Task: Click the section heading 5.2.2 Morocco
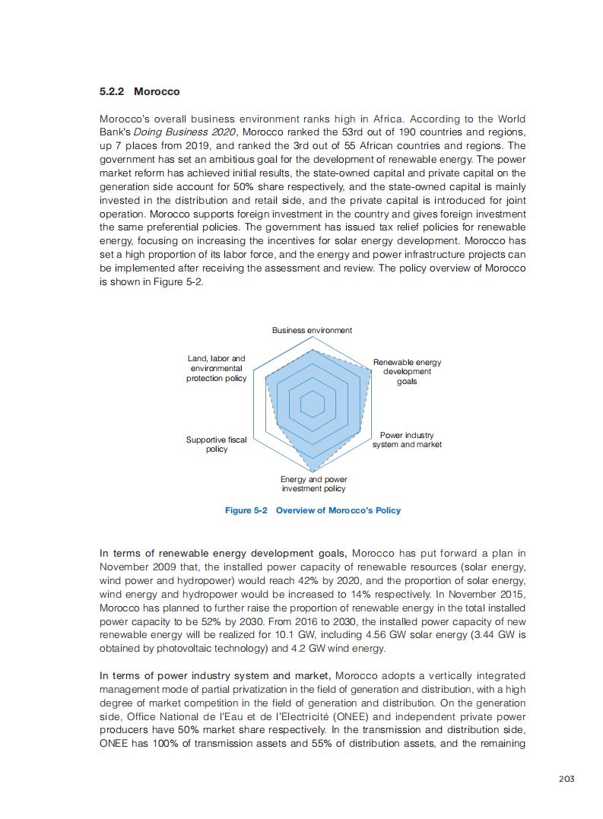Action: pyautogui.click(x=140, y=91)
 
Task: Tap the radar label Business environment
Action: pyautogui.click(x=312, y=330)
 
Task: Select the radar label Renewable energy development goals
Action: pyautogui.click(x=407, y=372)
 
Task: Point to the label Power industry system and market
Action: pyautogui.click(x=407, y=440)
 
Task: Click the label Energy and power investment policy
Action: pyautogui.click(x=313, y=484)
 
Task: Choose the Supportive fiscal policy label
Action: pyautogui.click(x=217, y=444)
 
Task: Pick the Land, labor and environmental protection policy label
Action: pyautogui.click(x=217, y=368)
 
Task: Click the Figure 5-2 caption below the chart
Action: pyautogui.click(x=313, y=510)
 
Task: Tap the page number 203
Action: pyautogui.click(x=566, y=778)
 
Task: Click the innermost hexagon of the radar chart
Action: pyautogui.click(x=313, y=404)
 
